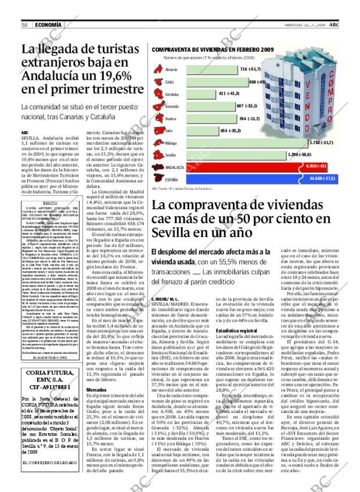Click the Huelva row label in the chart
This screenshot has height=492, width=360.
(x=171, y=118)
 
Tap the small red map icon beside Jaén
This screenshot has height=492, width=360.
(x=158, y=131)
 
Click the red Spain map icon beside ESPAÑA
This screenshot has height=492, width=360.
(x=158, y=177)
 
